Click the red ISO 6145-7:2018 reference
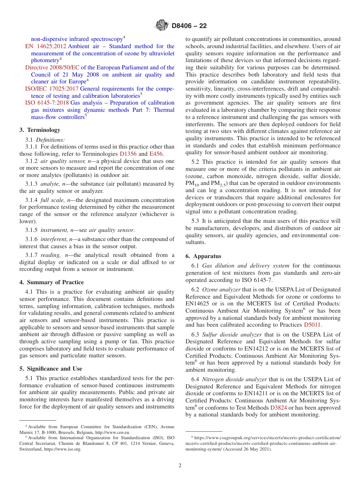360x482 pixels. [x=47, y=103]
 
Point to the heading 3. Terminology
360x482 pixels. [x=40, y=130]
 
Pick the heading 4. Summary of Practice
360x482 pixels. [x=52, y=282]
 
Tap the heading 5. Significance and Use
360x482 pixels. [x=51, y=369]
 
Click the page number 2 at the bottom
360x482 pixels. [x=180, y=466]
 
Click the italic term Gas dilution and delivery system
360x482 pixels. [x=246, y=266]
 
